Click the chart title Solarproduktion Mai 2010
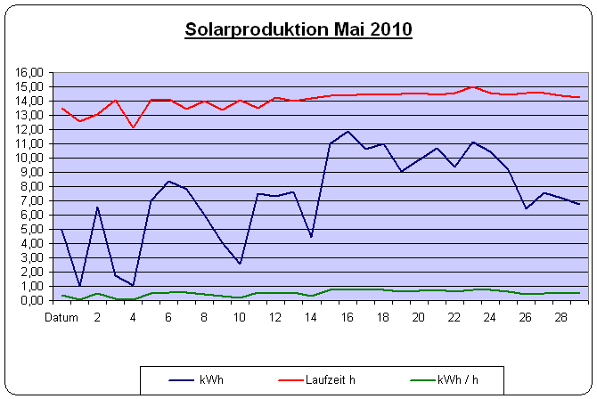point(298,29)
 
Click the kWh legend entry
point(211,380)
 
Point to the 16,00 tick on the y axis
point(31,72)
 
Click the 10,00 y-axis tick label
point(31,158)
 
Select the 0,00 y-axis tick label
point(33,300)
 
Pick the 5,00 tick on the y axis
point(33,229)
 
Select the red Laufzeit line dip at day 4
point(134,127)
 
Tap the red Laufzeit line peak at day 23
point(473,86)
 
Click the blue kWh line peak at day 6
point(168,182)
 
